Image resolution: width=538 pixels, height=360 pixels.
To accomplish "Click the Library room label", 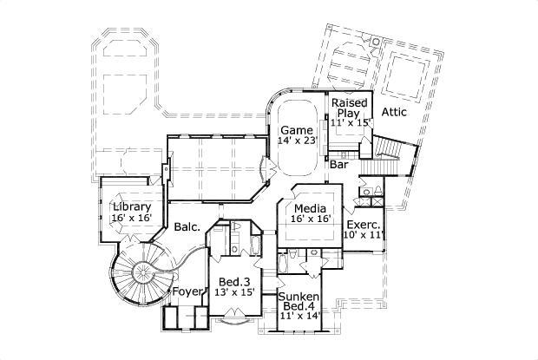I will click(132, 206).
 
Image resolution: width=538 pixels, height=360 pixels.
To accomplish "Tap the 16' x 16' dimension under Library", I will click(132, 218).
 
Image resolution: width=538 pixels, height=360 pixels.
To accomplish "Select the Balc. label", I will click(187, 227).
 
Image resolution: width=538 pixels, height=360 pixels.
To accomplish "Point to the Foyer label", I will click(187, 291).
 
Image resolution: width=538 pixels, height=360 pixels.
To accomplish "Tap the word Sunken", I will click(298, 297).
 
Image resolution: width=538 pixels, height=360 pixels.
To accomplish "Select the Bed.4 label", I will click(298, 307).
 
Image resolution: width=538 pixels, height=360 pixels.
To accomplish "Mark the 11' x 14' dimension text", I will click(298, 317).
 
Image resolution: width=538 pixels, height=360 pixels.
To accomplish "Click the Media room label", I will click(310, 209).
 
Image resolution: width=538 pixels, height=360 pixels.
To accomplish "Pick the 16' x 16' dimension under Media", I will click(310, 220).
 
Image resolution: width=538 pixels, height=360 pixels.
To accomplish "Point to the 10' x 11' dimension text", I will click(363, 234).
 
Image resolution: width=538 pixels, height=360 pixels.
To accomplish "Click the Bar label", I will click(339, 163).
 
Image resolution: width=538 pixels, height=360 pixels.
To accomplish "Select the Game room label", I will click(296, 129).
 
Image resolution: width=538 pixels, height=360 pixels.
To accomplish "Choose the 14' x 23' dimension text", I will click(298, 141).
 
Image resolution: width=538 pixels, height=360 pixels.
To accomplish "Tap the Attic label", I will click(395, 112).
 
